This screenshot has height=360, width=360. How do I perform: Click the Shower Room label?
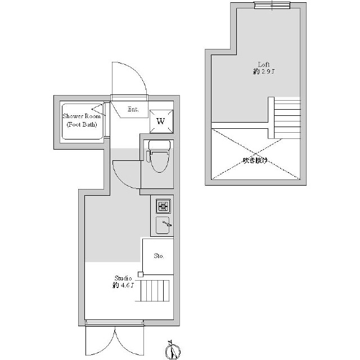(82, 116)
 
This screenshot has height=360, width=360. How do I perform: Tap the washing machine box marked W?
(161, 121)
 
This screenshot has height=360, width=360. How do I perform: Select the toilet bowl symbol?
(160, 161)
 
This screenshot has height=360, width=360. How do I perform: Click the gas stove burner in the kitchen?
(163, 206)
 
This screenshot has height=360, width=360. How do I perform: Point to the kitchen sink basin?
(163, 225)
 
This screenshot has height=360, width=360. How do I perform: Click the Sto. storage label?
(159, 256)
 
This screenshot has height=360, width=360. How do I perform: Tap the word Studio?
(123, 278)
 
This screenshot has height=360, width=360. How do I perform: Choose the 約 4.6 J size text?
(123, 285)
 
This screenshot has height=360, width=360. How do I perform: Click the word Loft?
(264, 65)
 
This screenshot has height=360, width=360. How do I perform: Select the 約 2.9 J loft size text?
(264, 71)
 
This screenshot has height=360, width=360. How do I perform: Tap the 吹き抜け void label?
(255, 160)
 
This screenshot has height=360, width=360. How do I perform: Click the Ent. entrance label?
(133, 109)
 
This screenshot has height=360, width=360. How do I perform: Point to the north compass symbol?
(173, 351)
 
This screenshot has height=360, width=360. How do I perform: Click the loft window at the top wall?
(272, 5)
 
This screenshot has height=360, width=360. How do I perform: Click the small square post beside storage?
(141, 274)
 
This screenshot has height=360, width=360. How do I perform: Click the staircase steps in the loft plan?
(287, 119)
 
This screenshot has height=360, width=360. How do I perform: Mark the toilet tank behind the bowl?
(160, 145)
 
